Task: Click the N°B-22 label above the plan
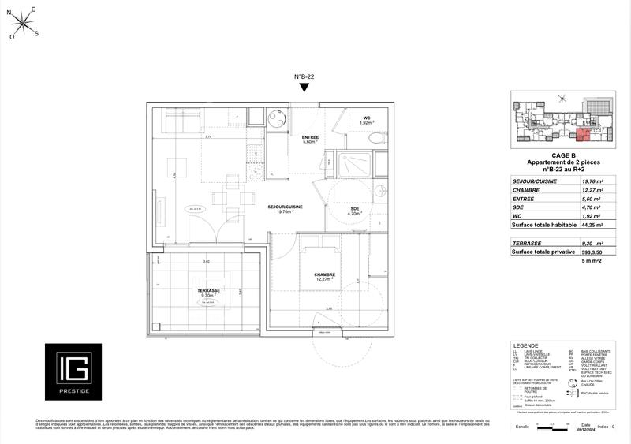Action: (305, 76)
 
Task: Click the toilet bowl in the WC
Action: (376, 138)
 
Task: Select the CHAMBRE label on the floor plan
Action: (320, 274)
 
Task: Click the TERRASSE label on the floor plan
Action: (209, 291)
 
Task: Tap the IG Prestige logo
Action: (72, 371)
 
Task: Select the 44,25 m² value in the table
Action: (592, 225)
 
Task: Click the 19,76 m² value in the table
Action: (592, 181)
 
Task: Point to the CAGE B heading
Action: (562, 155)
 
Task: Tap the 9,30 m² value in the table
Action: (592, 244)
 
